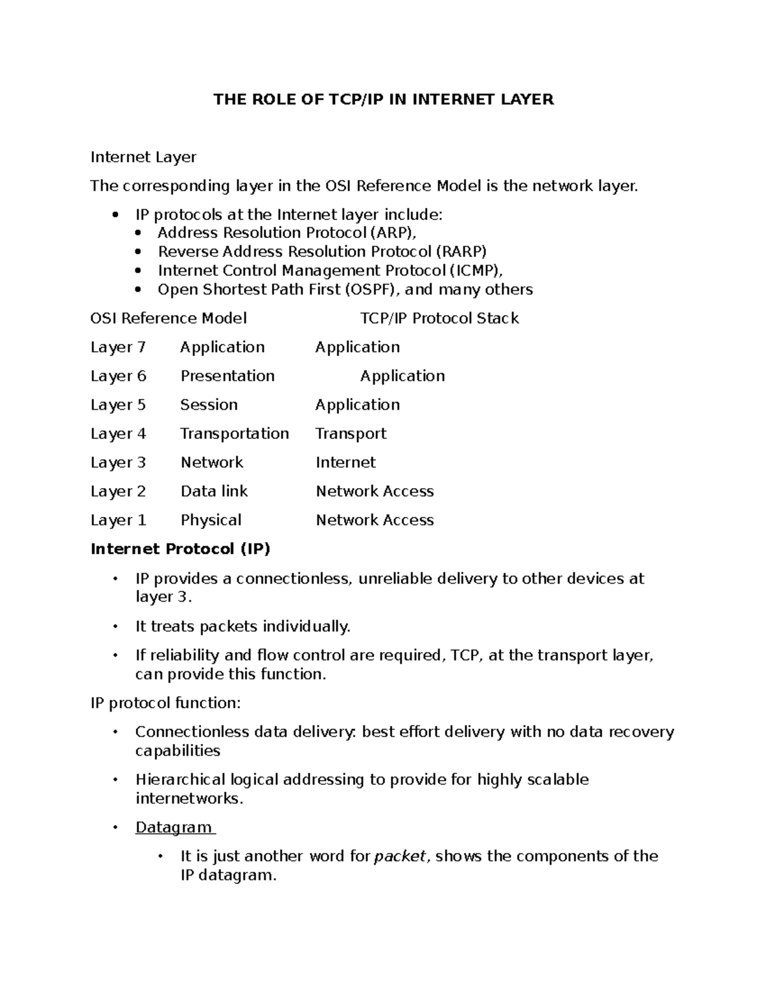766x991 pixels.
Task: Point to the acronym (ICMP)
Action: (471, 271)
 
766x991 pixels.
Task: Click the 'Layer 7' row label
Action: (118, 347)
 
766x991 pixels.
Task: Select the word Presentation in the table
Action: (227, 376)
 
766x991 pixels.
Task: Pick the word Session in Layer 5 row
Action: (209, 405)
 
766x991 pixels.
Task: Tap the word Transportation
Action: (234, 434)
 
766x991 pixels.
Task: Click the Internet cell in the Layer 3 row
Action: (345, 463)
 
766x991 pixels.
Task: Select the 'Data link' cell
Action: (214, 491)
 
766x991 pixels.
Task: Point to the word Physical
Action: (211, 520)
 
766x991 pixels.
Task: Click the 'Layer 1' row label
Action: (118, 520)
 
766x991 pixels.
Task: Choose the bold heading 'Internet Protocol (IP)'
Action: (181, 549)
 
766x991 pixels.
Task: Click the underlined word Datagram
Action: (174, 828)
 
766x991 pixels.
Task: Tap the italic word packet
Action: (399, 856)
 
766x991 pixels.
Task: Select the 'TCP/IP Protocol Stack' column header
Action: (439, 318)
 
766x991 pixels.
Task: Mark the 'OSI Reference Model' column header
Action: (169, 318)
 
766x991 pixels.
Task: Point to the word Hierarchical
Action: (180, 780)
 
